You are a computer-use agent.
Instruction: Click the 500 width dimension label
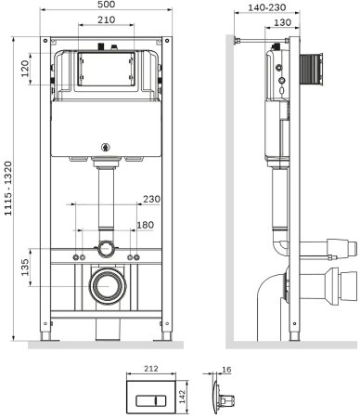click(107, 4)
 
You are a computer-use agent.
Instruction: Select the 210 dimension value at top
click(107, 20)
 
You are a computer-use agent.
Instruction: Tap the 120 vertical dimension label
click(24, 69)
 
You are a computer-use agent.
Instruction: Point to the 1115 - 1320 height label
click(8, 189)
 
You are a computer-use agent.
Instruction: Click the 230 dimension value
click(151, 199)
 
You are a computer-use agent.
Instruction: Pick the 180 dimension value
click(145, 225)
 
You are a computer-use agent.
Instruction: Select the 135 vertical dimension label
click(24, 267)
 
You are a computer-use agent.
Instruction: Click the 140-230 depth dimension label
click(267, 7)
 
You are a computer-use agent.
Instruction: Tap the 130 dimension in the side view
click(282, 22)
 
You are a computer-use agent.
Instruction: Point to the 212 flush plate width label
click(151, 369)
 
